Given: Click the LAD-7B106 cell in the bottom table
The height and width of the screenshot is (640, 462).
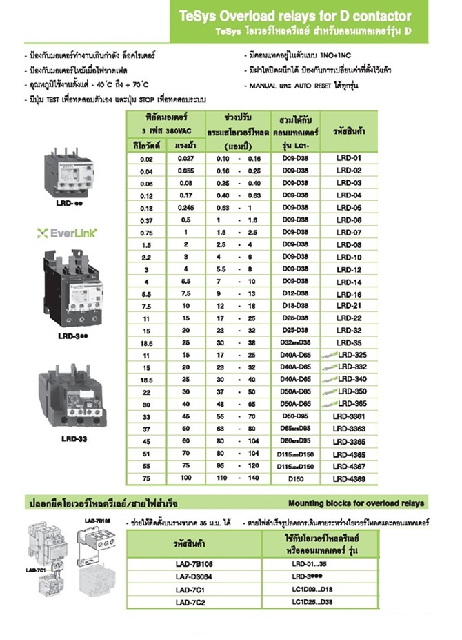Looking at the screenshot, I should click(x=195, y=563).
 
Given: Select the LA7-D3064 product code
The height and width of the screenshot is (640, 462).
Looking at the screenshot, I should click(x=195, y=576).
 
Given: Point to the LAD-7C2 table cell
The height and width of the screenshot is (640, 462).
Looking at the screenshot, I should click(x=195, y=602).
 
